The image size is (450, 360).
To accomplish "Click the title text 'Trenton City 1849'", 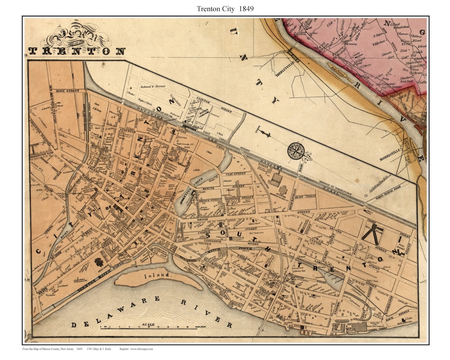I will [x=225, y=8].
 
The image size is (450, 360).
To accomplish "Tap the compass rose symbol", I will [x=295, y=150].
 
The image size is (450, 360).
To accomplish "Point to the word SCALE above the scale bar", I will [x=148, y=325].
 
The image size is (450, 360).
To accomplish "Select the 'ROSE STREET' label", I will [x=67, y=90].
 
